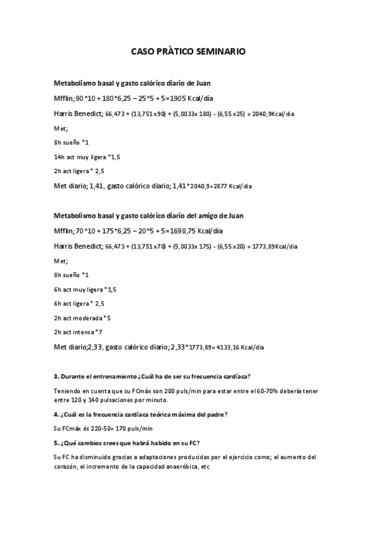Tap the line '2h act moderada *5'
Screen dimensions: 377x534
(82, 318)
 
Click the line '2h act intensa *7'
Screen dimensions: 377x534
(78, 332)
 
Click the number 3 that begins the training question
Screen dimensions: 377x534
(56, 377)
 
